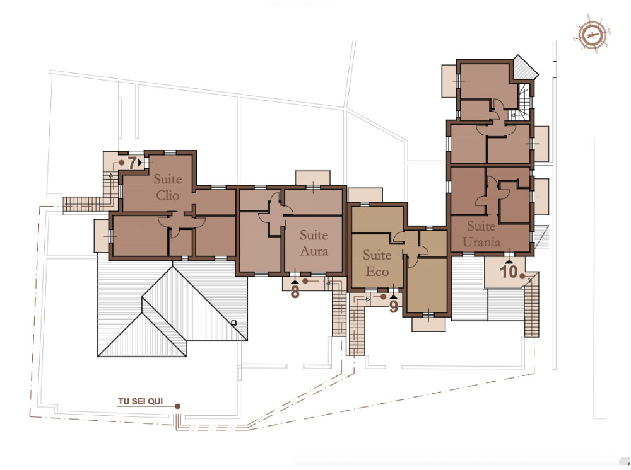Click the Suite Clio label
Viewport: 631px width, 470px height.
[x=168, y=187]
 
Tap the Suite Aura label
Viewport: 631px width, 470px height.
[x=314, y=243]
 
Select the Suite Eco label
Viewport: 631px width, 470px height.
[x=377, y=263]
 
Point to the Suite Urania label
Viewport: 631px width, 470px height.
[x=481, y=234]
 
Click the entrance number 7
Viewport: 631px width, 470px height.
[x=132, y=163]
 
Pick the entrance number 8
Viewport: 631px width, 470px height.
[x=295, y=292]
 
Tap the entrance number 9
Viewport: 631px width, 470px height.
[x=394, y=307]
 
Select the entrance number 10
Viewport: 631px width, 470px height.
[x=509, y=272]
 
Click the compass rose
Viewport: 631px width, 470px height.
[x=593, y=35]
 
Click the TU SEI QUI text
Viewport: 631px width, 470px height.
[x=141, y=401]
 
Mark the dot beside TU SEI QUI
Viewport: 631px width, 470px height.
[x=177, y=406]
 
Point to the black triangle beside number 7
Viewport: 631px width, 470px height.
[x=139, y=163]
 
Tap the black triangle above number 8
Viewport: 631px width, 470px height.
[x=295, y=283]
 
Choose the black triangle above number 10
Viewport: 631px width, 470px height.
[x=509, y=262]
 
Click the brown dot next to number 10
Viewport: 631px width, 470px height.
[x=522, y=277]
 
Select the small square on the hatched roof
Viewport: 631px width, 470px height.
[x=234, y=323]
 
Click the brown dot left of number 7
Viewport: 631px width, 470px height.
[x=121, y=163]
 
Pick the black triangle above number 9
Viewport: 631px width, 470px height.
[x=394, y=297]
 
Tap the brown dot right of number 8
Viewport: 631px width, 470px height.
[x=305, y=281]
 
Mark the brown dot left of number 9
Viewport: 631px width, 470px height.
[x=384, y=297]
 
